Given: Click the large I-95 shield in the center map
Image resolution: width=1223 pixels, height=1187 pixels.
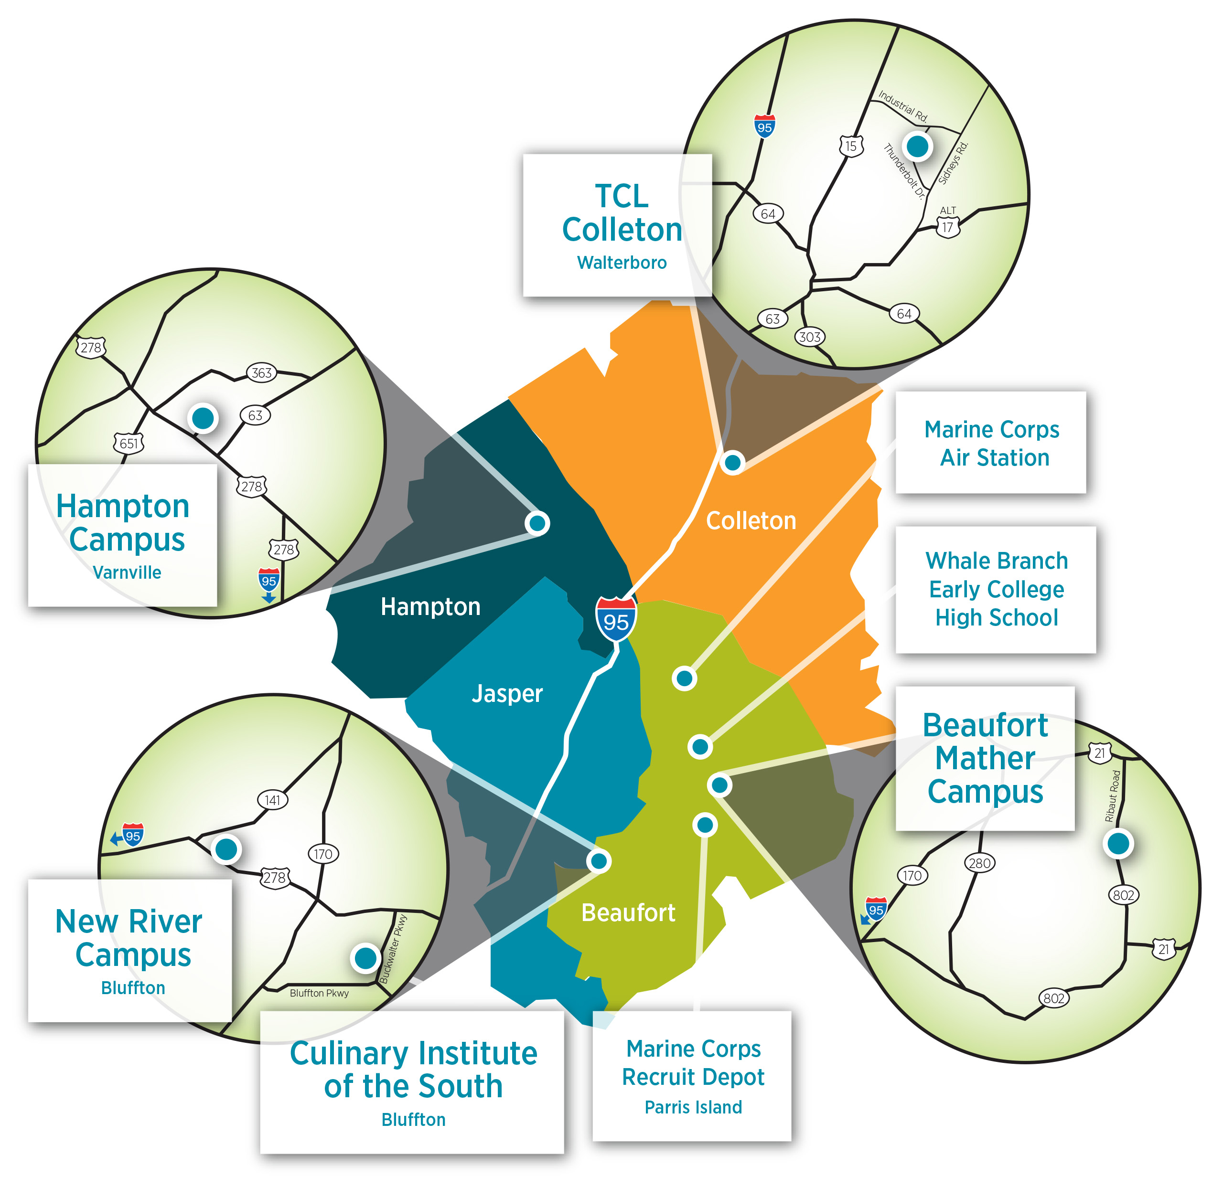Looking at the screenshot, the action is pyautogui.click(x=616, y=618).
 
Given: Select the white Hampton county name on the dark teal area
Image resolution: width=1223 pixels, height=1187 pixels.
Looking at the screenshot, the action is pyautogui.click(x=430, y=607).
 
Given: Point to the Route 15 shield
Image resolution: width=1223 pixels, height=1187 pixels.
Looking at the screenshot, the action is pyautogui.click(x=851, y=147).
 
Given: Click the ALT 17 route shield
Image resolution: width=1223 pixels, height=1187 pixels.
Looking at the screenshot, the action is pyautogui.click(x=948, y=223).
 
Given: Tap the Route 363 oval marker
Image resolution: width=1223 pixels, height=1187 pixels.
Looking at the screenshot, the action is pyautogui.click(x=261, y=373).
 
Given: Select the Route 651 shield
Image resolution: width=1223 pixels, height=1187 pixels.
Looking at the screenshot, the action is pyautogui.click(x=129, y=444).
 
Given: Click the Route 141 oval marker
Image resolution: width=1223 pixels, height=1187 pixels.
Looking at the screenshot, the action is pyautogui.click(x=273, y=800).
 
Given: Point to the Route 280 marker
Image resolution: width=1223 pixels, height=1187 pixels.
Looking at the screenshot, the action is pyautogui.click(x=980, y=863).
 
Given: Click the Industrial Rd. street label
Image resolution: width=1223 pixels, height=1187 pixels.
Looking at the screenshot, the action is pyautogui.click(x=903, y=106).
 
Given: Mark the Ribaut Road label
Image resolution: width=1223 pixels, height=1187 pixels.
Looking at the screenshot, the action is pyautogui.click(x=1113, y=796).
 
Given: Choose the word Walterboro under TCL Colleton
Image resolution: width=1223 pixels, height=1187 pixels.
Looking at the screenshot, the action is pyautogui.click(x=622, y=263).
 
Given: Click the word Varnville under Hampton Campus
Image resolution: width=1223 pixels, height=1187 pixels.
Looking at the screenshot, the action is pyautogui.click(x=127, y=572).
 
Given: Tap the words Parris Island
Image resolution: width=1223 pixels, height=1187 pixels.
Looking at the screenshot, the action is pyautogui.click(x=693, y=1107).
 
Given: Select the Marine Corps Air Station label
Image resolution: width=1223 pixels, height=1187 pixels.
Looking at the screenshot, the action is pyautogui.click(x=992, y=444).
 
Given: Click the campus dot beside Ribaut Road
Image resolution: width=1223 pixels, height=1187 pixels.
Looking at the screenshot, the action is pyautogui.click(x=1118, y=843).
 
